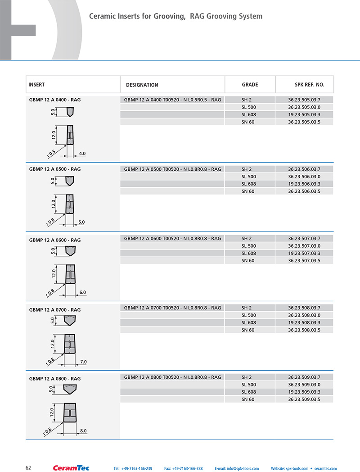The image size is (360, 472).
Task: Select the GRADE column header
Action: [250, 85]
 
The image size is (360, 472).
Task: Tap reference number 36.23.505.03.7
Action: [304, 100]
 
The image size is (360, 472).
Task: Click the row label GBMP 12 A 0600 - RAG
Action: [55, 241]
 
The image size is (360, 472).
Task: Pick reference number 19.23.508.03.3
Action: [304, 322]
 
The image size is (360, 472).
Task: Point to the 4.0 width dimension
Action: [82, 154]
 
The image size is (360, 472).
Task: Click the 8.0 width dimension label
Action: [83, 431]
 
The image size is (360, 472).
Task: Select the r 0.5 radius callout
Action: [51, 153]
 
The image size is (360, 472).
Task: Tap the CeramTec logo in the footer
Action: [71, 468]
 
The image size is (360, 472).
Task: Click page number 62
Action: [28, 468]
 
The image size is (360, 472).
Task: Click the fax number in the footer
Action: [183, 468]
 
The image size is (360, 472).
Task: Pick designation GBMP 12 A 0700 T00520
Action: [172, 308]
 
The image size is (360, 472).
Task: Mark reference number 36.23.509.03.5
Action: [304, 399]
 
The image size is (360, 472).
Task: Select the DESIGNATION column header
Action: [142, 85]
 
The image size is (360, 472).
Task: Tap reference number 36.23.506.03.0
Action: [304, 177]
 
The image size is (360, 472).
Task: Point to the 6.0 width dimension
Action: [82, 292]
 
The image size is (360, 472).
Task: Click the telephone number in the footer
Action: [133, 468]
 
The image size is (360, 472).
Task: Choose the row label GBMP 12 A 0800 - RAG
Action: [55, 379]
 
